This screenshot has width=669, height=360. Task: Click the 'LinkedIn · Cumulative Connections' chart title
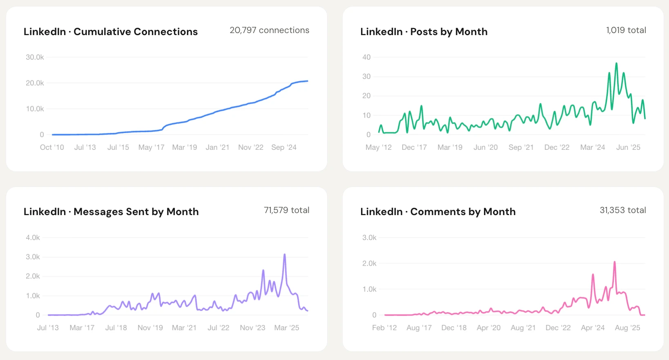[110, 32]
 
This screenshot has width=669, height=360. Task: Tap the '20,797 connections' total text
[269, 30]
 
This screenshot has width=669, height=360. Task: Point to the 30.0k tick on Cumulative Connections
[35, 57]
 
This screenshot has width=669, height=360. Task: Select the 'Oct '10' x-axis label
[52, 147]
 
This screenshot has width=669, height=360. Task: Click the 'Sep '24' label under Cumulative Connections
[284, 147]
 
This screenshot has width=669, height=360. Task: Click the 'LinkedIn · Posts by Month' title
[424, 32]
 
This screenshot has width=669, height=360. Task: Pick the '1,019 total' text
[626, 30]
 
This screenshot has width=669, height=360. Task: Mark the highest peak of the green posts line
[616, 64]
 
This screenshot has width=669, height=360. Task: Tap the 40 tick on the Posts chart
[366, 57]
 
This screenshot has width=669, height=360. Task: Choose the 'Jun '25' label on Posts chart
[628, 147]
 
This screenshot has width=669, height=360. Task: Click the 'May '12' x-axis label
[379, 147]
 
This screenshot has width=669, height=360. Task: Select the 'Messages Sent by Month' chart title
[111, 212]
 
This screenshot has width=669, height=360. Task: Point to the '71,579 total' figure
[286, 210]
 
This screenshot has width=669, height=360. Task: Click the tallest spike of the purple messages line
[284, 255]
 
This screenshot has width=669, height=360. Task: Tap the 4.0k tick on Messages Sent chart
[33, 238]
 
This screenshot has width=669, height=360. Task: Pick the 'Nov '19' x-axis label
[150, 328]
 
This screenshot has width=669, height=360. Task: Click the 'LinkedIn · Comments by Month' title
[438, 212]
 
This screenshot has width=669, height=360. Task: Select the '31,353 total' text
[622, 210]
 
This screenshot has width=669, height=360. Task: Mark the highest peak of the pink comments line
[615, 262]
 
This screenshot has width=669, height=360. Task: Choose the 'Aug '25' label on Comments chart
[627, 328]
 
